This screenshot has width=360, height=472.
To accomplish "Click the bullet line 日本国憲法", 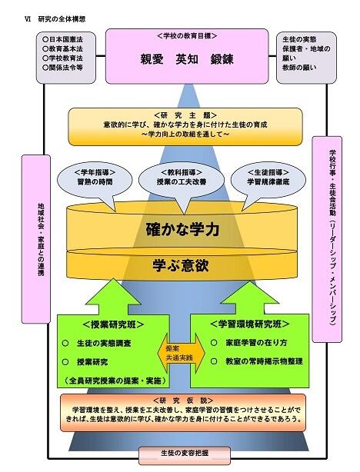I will click(x=65, y=38).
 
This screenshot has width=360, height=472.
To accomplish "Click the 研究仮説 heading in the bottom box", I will click(x=181, y=400).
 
